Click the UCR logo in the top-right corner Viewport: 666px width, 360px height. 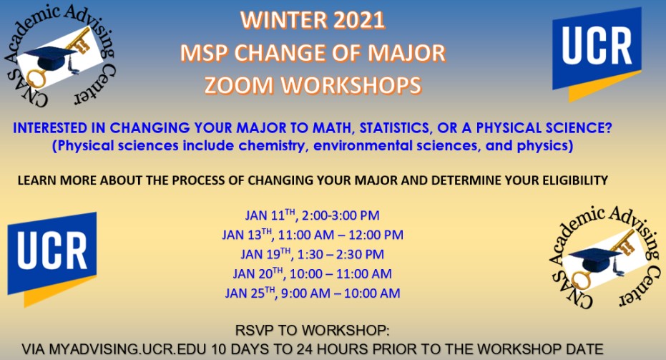click(597, 53)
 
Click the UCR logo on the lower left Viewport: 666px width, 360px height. click(52, 258)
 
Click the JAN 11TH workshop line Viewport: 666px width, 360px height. click(312, 215)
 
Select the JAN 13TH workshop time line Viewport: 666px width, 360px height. click(313, 234)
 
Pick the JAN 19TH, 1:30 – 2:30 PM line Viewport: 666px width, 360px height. click(312, 254)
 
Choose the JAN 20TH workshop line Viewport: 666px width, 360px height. click(312, 273)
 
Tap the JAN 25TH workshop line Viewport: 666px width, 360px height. click(312, 293)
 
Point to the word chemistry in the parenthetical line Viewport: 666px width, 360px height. click(272, 146)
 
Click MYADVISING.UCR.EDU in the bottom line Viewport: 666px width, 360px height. click(127, 349)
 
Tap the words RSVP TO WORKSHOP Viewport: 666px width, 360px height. click(312, 330)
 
